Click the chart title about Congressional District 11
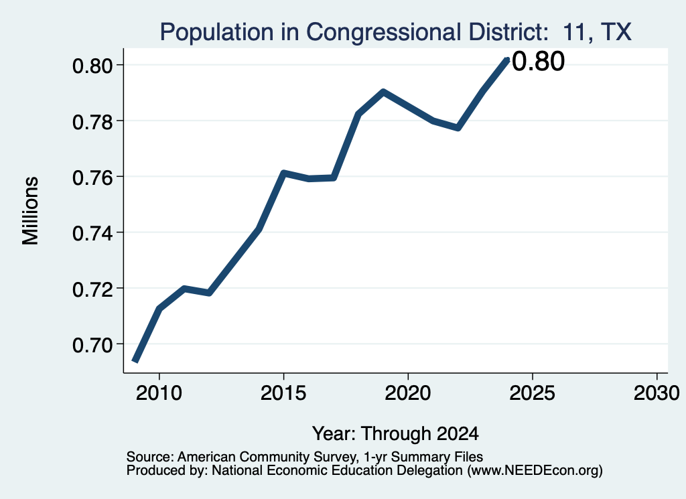tap(395, 32)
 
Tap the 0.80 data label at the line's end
tap(538, 61)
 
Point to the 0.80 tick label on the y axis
tap(92, 66)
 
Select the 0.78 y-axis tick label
tap(92, 121)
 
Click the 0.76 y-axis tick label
tap(92, 177)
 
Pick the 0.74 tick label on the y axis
tap(92, 232)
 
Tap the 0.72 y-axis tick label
tap(92, 289)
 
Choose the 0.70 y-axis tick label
tap(92, 345)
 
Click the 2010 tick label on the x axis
tap(159, 393)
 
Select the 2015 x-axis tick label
tap(283, 393)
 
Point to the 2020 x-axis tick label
tap(408, 393)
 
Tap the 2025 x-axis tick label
tap(533, 393)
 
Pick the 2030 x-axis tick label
tap(657, 393)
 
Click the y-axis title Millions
tap(31, 210)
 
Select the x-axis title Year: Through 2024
tap(395, 433)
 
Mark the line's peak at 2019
tap(383, 92)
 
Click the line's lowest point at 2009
tap(135, 361)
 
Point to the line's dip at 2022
tap(458, 128)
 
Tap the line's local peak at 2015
tap(283, 173)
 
